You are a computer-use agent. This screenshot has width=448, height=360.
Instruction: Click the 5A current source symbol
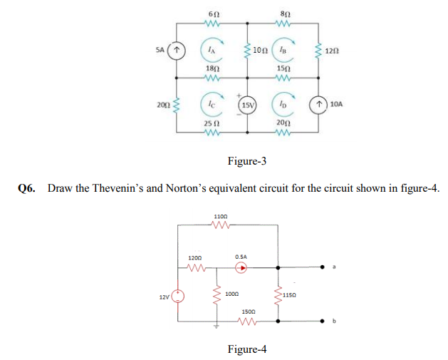(x=178, y=51)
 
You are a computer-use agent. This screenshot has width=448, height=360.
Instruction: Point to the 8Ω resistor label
(x=284, y=14)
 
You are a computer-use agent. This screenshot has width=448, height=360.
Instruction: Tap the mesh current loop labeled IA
(x=212, y=49)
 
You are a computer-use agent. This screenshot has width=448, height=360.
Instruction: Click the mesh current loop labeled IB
(x=284, y=49)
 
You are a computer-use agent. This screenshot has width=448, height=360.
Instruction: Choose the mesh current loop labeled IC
(x=212, y=104)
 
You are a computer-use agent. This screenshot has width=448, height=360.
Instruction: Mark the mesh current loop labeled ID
(x=284, y=104)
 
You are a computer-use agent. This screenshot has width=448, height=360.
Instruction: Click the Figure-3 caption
(x=246, y=161)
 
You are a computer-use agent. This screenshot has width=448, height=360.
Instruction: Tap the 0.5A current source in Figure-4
(x=241, y=269)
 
